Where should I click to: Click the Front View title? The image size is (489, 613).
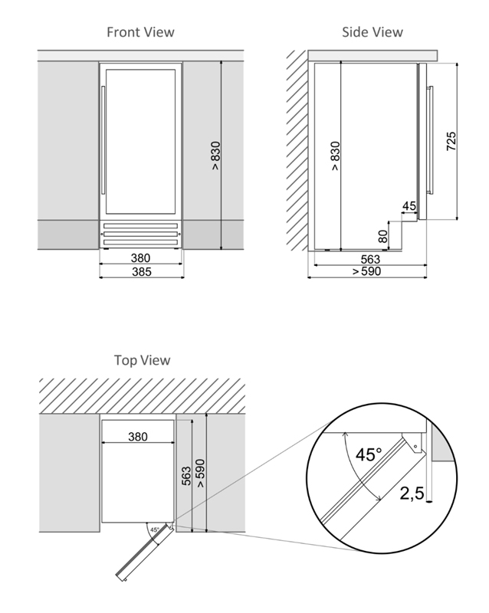tap(140, 32)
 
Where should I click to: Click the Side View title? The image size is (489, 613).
tap(372, 32)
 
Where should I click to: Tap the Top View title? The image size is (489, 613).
tap(142, 360)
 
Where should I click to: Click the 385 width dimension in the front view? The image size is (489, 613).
tap(142, 272)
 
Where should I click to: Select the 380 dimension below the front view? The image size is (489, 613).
tap(140, 258)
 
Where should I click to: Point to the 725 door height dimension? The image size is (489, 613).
tap(451, 141)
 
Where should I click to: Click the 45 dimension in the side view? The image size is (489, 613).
tap(409, 205)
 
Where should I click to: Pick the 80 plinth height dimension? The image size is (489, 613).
tap(383, 236)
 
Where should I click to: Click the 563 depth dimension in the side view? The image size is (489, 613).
tap(370, 259)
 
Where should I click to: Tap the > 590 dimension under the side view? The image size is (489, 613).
tap(366, 271)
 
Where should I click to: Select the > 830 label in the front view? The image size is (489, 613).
tap(215, 156)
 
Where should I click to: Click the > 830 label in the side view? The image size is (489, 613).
tap(335, 156)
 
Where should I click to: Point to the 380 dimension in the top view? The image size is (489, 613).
tap(138, 436)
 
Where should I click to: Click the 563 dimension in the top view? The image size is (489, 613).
tap(187, 476)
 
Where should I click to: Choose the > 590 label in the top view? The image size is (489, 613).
tap(200, 474)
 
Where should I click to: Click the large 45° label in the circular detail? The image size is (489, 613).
tap(369, 454)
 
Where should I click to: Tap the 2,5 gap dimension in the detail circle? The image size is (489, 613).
tap(412, 493)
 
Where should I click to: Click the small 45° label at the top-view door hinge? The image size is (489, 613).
tap(155, 530)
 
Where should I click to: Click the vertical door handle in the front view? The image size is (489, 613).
tap(103, 140)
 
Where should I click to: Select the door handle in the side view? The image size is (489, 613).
tap(430, 140)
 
